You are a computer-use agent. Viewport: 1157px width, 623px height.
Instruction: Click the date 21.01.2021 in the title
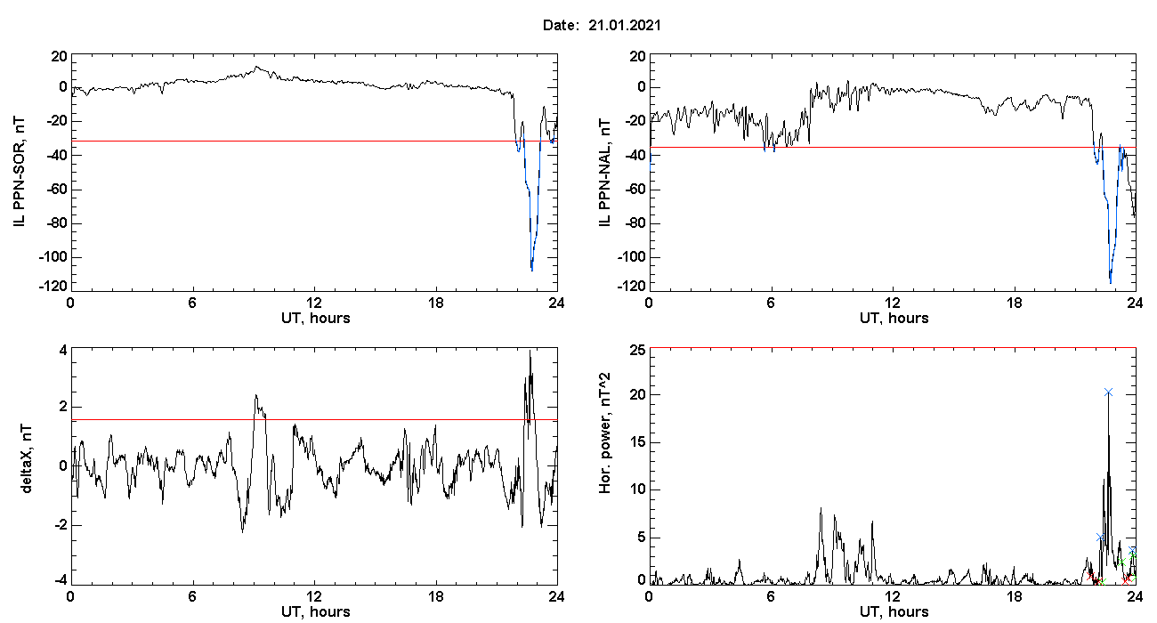pyautogui.click(x=625, y=25)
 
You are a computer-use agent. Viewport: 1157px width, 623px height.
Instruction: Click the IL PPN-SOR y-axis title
pyautogui.click(x=19, y=172)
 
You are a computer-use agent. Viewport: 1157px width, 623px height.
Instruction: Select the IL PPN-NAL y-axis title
pyautogui.click(x=604, y=173)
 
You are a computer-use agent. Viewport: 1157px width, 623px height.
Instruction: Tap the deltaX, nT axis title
pyautogui.click(x=26, y=458)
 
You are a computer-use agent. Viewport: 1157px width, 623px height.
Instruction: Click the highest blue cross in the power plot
pyautogui.click(x=1108, y=392)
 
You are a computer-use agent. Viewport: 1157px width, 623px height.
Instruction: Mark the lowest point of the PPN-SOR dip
pyautogui.click(x=531, y=270)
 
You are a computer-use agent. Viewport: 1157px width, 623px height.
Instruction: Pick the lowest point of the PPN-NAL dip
pyautogui.click(x=1110, y=282)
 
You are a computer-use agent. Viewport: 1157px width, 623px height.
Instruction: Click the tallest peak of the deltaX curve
pyautogui.click(x=530, y=352)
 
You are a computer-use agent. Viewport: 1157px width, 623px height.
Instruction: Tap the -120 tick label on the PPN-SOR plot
pyautogui.click(x=53, y=286)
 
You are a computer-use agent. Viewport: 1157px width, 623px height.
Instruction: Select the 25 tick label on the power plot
pyautogui.click(x=637, y=351)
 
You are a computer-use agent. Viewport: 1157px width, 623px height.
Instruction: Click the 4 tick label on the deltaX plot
pyautogui.click(x=63, y=351)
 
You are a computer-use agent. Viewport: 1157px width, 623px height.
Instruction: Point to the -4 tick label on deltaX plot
pyautogui.click(x=60, y=580)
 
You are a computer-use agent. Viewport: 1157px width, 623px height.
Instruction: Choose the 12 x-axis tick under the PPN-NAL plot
pyautogui.click(x=892, y=303)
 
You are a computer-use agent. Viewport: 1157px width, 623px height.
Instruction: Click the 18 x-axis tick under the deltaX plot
pyautogui.click(x=435, y=596)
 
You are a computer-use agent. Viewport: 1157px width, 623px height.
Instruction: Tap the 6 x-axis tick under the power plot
pyautogui.click(x=771, y=596)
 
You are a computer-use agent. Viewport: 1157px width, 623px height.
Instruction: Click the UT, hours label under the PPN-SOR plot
pyautogui.click(x=316, y=319)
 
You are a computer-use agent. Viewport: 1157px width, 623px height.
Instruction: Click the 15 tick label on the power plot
pyautogui.click(x=637, y=442)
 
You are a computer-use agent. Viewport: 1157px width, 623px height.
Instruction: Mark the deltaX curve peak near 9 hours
pyautogui.click(x=255, y=395)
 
